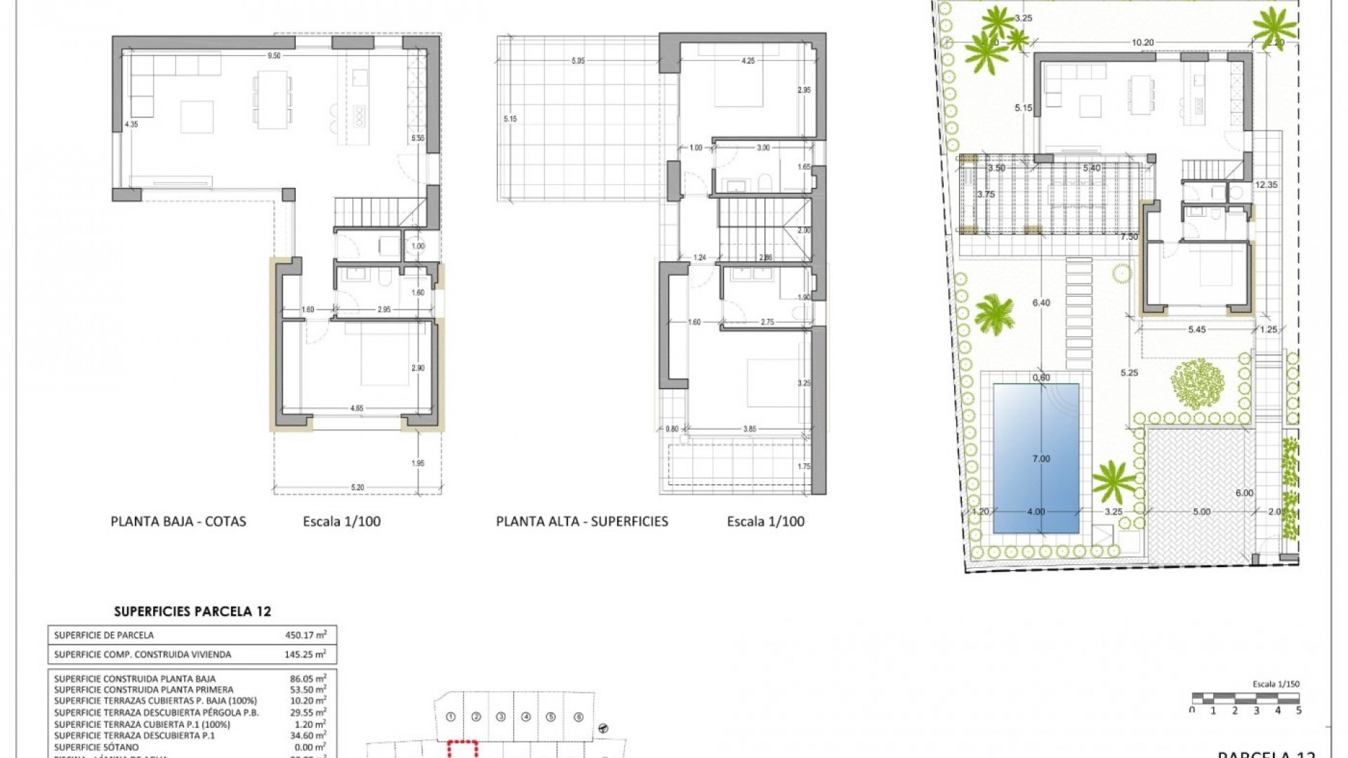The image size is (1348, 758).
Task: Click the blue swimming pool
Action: pyautogui.click(x=1036, y=458)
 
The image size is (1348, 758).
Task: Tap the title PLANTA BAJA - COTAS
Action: pyautogui.click(x=178, y=521)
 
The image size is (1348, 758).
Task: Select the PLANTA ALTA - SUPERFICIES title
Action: pyautogui.click(x=582, y=521)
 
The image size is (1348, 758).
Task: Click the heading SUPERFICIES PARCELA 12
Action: pyautogui.click(x=192, y=611)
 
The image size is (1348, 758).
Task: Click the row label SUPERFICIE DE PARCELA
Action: pyautogui.click(x=104, y=635)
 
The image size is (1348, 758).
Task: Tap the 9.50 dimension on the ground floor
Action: pyautogui.click(x=274, y=55)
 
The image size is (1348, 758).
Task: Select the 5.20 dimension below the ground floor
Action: pyautogui.click(x=357, y=487)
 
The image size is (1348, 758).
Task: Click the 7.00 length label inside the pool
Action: pyautogui.click(x=1041, y=458)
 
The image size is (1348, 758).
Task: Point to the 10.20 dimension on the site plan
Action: pyautogui.click(x=1142, y=42)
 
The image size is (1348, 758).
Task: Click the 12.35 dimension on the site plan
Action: pyautogui.click(x=1267, y=185)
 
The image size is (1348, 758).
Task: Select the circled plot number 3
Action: pyautogui.click(x=501, y=717)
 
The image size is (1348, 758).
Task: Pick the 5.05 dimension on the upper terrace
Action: pyautogui.click(x=578, y=61)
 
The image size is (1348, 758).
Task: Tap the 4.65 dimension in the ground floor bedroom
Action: pyautogui.click(x=357, y=407)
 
